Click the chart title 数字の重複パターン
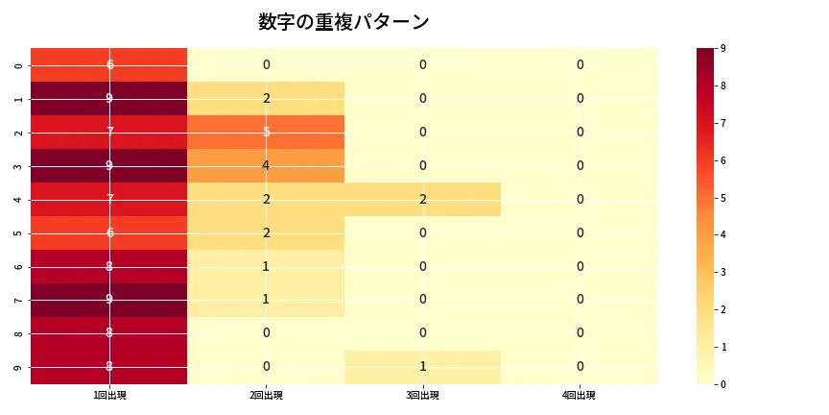pos(343,22)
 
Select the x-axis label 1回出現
pos(109,396)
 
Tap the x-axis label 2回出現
pos(266,396)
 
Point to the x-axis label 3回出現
pos(422,396)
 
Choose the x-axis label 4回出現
pos(580,396)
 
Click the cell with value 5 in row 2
pos(266,132)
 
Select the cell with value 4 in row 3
pos(266,165)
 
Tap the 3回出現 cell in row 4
pos(422,199)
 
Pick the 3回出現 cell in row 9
pos(422,367)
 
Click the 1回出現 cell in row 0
pos(109,64)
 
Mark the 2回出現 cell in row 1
pos(266,98)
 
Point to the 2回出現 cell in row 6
pos(266,266)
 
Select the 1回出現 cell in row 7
pos(109,300)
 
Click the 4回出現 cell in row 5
pos(580,232)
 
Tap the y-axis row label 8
pos(19,333)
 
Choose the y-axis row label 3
pos(19,165)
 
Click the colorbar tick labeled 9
pos(722,48)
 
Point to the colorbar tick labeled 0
pos(722,384)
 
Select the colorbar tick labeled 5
pos(722,198)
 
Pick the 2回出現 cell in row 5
pos(266,232)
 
